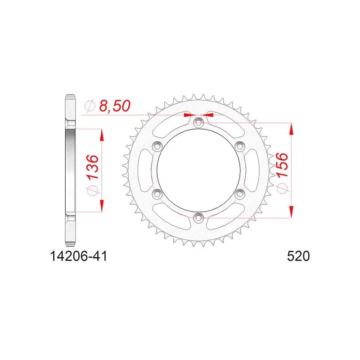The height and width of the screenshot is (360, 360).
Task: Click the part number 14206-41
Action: (x=78, y=256)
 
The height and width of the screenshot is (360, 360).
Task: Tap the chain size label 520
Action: (x=298, y=256)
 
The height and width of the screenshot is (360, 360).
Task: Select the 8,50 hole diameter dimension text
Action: (x=115, y=106)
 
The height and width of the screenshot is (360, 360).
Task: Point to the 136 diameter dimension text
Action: (x=93, y=167)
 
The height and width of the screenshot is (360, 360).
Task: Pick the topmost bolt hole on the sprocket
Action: (x=198, y=122)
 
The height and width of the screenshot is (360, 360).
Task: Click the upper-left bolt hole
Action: (x=157, y=146)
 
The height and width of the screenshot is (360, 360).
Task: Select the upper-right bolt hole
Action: (x=240, y=146)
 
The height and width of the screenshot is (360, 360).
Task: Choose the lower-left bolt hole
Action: (x=157, y=194)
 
